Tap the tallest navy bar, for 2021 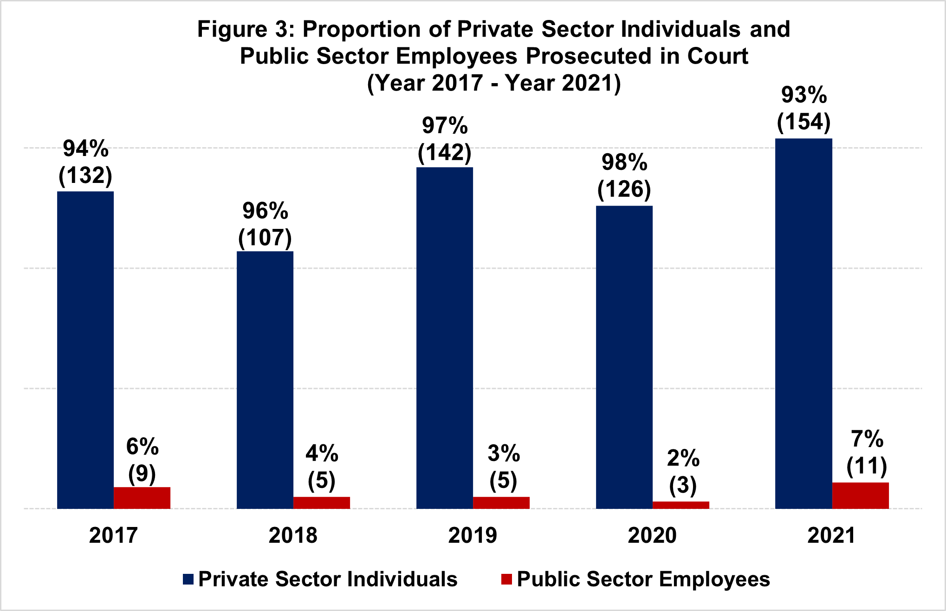pos(803,323)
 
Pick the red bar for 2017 pos(142,498)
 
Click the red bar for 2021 pos(860,495)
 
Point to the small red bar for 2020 pos(680,505)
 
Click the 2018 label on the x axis pos(293,535)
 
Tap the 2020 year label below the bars pos(652,535)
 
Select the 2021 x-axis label pos(831,535)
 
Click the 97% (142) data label pos(445,139)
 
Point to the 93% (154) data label pos(804,109)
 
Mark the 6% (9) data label pos(142,460)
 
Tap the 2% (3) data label pos(683,472)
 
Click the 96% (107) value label pos(265,224)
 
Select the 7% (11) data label pos(867,453)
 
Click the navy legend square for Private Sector pos(188,579)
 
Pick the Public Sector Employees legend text pos(643,579)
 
